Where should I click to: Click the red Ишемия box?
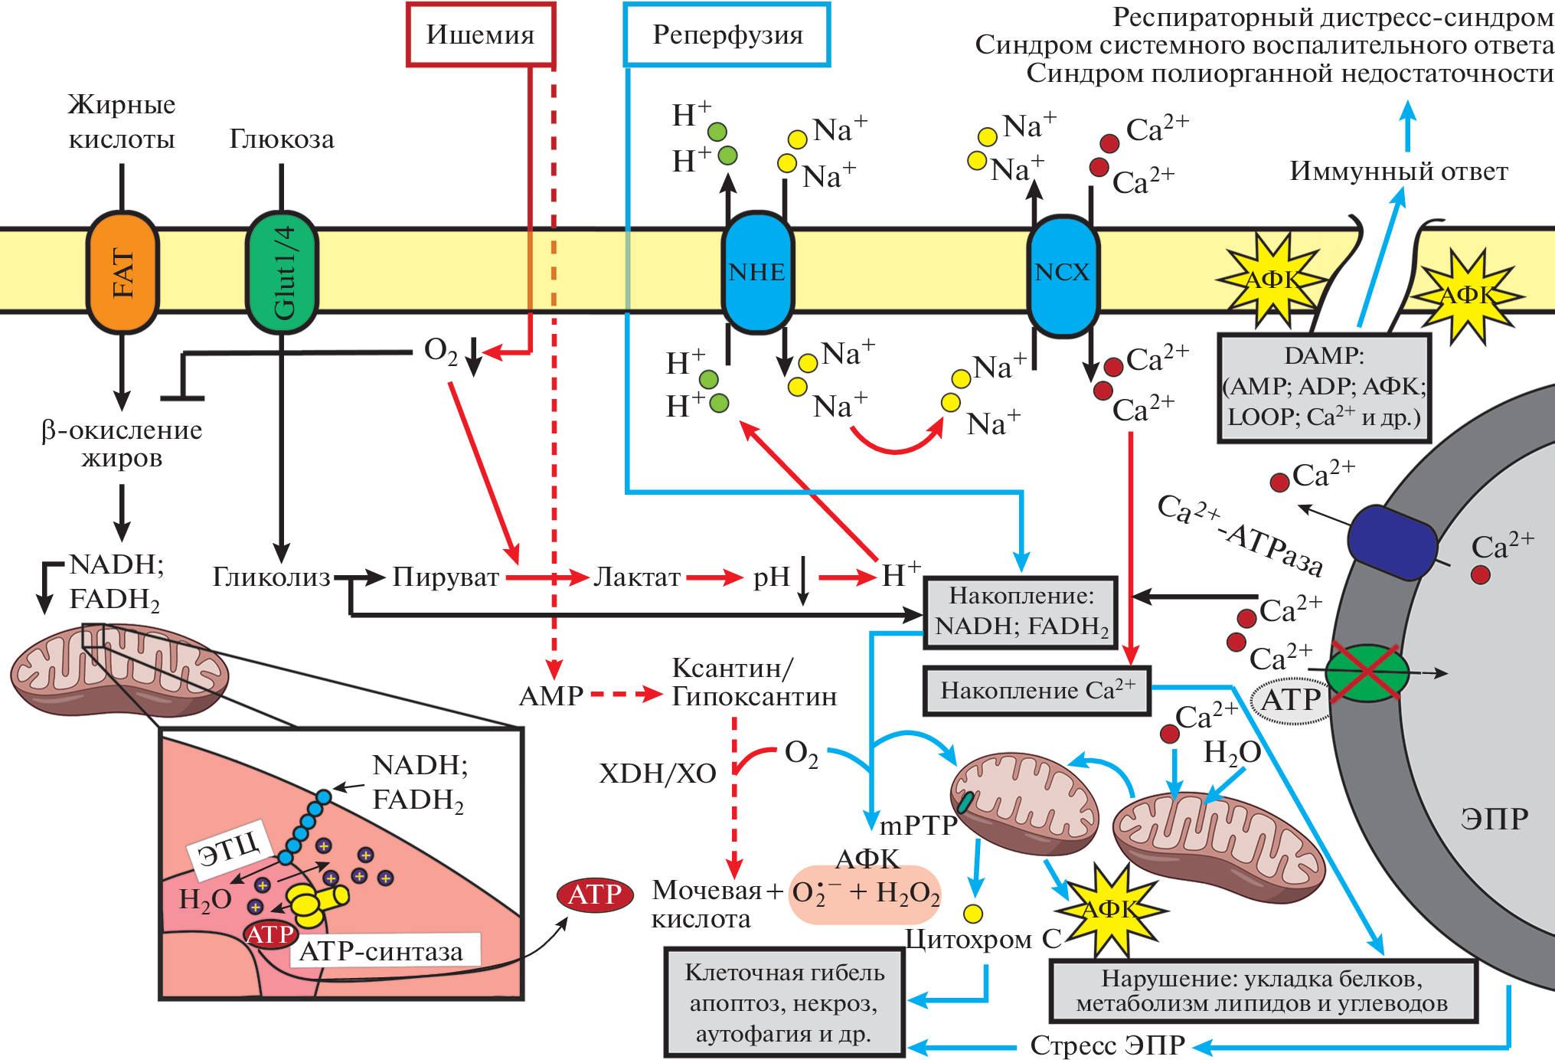(x=480, y=35)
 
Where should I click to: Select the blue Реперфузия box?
(x=727, y=35)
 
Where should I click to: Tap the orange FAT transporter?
(x=123, y=273)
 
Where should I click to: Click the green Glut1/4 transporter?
(x=282, y=273)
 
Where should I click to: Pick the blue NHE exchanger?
(x=757, y=273)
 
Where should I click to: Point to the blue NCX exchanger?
(x=1062, y=273)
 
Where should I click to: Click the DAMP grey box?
(x=1324, y=388)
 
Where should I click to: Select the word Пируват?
(x=446, y=577)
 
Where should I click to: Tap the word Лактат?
(x=637, y=577)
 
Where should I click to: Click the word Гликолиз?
(x=271, y=577)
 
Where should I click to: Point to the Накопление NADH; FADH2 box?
(x=1021, y=612)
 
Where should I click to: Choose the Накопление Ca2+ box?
(x=1037, y=691)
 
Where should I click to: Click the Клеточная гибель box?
(x=784, y=1002)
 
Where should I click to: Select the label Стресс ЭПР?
(x=1107, y=1045)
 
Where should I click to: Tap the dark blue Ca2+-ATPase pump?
(x=1391, y=542)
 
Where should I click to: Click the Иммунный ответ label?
(x=1399, y=171)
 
